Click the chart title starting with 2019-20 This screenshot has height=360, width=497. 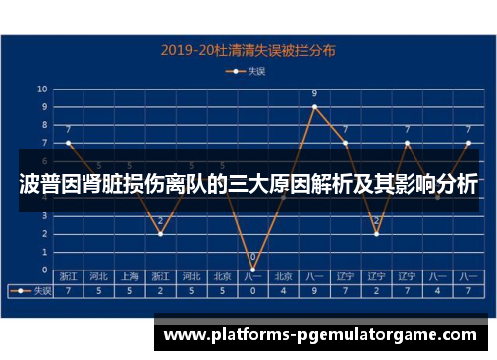tap(248, 47)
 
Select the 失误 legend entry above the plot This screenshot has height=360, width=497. tap(249, 71)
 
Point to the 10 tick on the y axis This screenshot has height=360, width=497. tap(43, 89)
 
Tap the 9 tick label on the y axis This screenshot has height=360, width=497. tap(43, 106)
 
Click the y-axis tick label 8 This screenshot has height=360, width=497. tap(43, 125)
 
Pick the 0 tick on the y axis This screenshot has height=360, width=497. tap(43, 270)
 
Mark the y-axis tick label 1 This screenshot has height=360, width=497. tap(43, 252)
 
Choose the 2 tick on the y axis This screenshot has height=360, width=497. tap(43, 234)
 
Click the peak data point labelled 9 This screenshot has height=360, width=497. tap(314, 106)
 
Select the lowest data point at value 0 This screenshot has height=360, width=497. tap(252, 270)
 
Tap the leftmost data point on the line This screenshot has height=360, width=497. tap(68, 143)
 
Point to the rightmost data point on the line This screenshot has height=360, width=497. tap(468, 143)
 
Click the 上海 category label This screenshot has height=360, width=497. tap(129, 277)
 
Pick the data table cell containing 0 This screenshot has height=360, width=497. tap(252, 291)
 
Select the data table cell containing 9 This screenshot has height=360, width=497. tap(314, 291)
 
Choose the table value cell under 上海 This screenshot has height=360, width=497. tap(129, 291)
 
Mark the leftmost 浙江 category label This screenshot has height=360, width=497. tap(68, 277)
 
